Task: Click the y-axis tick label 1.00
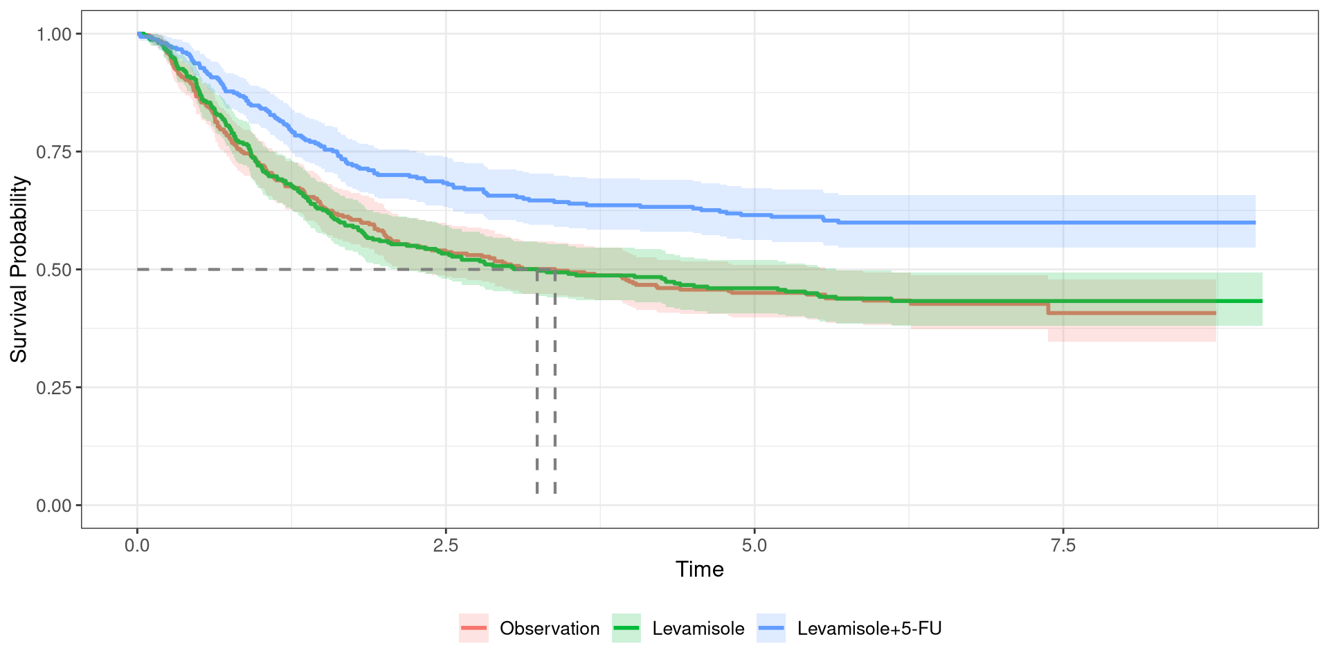[x=54, y=34]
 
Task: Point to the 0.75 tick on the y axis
[x=54, y=152]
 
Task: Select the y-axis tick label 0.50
[x=54, y=270]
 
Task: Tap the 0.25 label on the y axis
[x=54, y=388]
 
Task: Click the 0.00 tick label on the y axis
[x=54, y=506]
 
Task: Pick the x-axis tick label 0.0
[x=137, y=546]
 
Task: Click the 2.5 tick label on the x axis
[x=446, y=546]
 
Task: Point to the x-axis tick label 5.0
[x=754, y=546]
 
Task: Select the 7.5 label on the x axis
[x=1063, y=546]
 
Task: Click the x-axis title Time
[x=699, y=569]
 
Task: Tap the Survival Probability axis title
[x=19, y=269]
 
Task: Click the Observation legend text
[x=550, y=629]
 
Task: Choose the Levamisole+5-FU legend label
[x=869, y=629]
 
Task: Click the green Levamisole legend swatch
[x=626, y=629]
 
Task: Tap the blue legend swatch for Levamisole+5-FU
[x=771, y=629]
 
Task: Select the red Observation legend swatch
[x=474, y=629]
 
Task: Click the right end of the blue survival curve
[x=1254, y=223]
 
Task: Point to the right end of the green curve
[x=1261, y=301]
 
